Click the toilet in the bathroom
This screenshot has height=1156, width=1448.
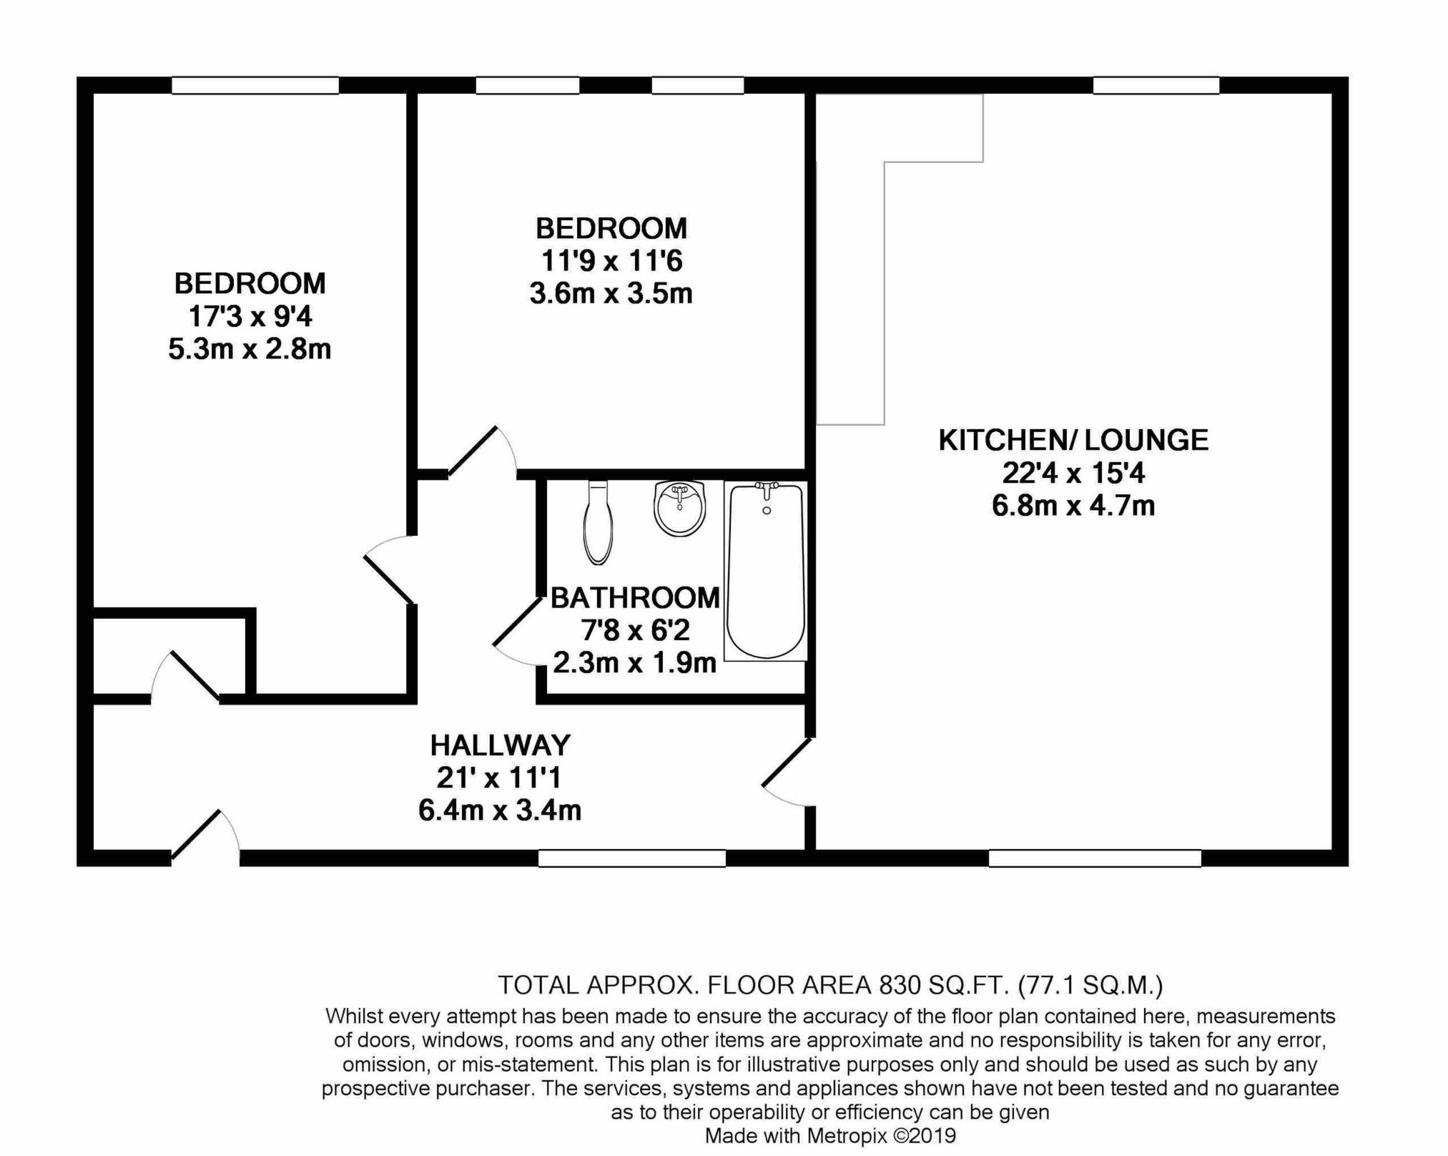point(598,523)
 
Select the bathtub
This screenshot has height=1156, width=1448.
point(765,570)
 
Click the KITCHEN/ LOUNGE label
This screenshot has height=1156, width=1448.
point(1073,440)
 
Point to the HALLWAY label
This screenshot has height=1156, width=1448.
point(500,745)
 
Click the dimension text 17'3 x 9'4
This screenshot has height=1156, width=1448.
point(250,316)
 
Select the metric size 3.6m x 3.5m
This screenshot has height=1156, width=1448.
point(611,293)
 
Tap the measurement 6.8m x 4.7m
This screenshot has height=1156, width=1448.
point(1073,506)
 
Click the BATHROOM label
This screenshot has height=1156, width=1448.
point(635,597)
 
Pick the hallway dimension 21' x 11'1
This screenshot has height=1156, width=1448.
point(500,778)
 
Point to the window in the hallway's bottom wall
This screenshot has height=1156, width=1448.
point(631,858)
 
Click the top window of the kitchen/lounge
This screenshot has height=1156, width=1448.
point(1156,86)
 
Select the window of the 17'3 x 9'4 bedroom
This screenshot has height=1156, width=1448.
point(255,86)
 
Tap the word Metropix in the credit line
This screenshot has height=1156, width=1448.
point(847,1135)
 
